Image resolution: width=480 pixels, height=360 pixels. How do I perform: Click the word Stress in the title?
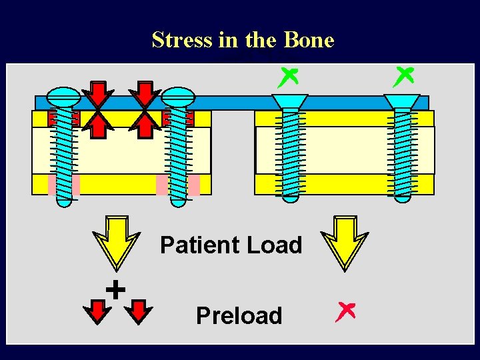coord(182,40)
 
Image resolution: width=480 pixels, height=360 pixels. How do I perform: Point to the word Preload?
coord(239,315)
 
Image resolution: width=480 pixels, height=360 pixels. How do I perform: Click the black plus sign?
coord(115,289)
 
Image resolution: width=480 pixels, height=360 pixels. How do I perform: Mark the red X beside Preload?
coord(345,312)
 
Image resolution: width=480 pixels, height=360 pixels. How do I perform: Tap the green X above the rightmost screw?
coord(403,77)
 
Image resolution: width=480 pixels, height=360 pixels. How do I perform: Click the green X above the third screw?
coord(288,78)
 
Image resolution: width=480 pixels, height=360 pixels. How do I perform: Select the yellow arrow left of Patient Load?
coord(116,243)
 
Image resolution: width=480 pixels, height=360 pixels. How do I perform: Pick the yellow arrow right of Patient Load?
coord(345,243)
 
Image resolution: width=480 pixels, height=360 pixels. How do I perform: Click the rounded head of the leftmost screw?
coord(63,97)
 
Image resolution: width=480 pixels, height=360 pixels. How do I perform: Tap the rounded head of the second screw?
coord(178,97)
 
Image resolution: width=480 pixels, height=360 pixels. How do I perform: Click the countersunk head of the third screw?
coord(290,101)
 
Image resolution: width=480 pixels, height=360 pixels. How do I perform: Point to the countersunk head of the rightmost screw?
coord(402,101)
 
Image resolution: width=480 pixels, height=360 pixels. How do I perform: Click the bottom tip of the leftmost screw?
coord(64,207)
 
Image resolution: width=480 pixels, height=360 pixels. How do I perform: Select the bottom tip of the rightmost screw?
coord(402,203)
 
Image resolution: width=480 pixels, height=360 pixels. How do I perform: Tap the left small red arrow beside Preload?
coord(97,312)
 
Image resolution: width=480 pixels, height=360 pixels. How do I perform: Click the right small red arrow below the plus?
coord(139,312)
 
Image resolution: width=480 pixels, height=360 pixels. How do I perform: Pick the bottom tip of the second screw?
coord(178,207)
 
